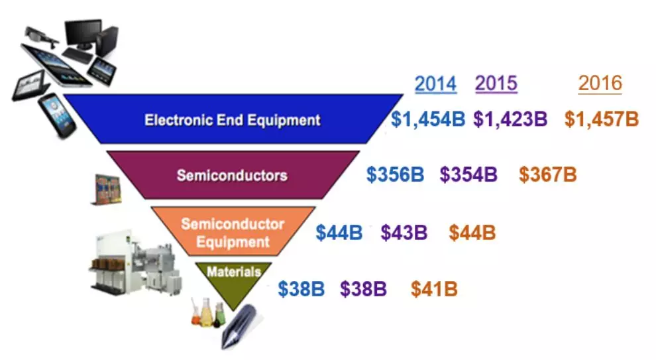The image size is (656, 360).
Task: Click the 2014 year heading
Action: tap(435, 84)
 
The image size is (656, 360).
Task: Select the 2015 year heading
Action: tap(496, 84)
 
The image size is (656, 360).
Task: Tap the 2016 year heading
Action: tap(600, 84)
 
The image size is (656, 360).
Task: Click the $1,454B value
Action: tap(428, 119)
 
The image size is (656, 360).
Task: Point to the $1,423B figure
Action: tap(510, 119)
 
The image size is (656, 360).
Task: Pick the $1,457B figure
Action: tap(602, 119)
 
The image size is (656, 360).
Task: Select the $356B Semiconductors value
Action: tap(395, 174)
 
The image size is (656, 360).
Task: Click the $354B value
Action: tap(468, 174)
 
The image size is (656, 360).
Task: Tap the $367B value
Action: tap(547, 174)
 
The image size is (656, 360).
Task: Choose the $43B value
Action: tap(404, 233)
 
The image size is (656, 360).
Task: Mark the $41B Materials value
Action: tap(434, 289)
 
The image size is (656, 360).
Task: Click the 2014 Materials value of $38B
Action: tap(301, 289)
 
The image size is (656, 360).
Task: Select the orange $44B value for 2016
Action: tap(472, 233)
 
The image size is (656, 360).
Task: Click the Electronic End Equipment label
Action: tap(232, 120)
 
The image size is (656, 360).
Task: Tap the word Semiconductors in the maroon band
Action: tap(232, 175)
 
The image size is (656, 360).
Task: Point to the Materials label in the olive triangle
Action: tap(234, 272)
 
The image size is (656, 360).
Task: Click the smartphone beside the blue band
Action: tap(57, 115)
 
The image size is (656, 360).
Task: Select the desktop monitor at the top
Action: tap(83, 34)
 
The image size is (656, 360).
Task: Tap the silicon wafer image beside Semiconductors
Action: tap(107, 190)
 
